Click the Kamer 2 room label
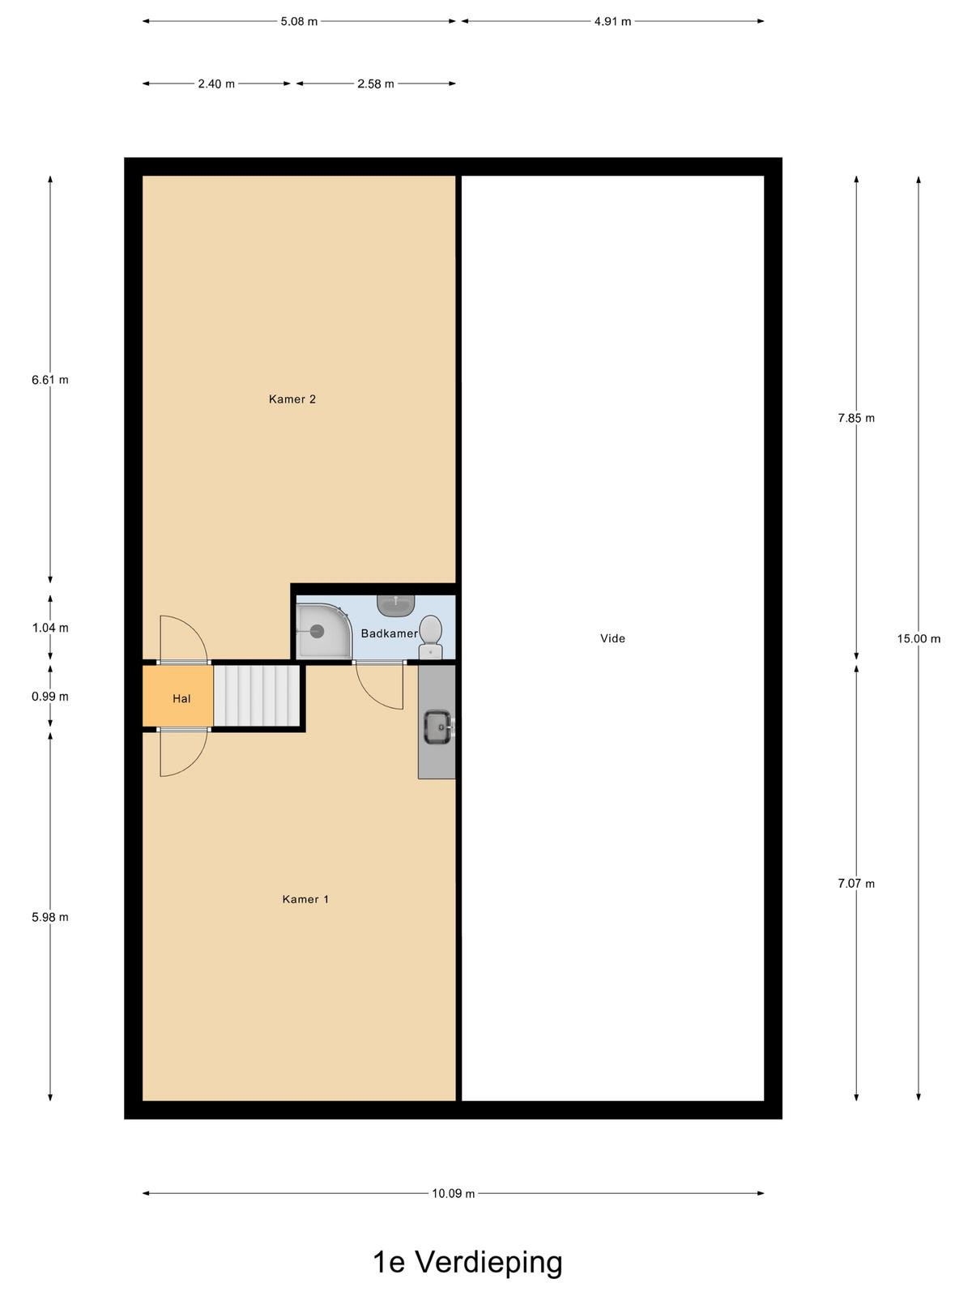pos(292,399)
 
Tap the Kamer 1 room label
pos(305,899)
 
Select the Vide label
pos(612,638)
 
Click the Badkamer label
pos(390,633)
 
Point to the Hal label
pos(181,698)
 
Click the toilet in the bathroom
pos(431,637)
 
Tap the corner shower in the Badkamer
pos(323,630)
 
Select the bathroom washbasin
pos(395,604)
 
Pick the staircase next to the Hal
pos(258,696)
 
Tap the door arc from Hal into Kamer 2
pos(184,638)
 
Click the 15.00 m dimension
pos(919,638)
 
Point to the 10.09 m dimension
pos(454,1193)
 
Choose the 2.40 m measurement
pos(216,84)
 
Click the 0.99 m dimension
pos(50,697)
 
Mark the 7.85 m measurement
pos(856,418)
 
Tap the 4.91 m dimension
pos(612,21)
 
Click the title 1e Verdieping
pos(467,1262)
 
